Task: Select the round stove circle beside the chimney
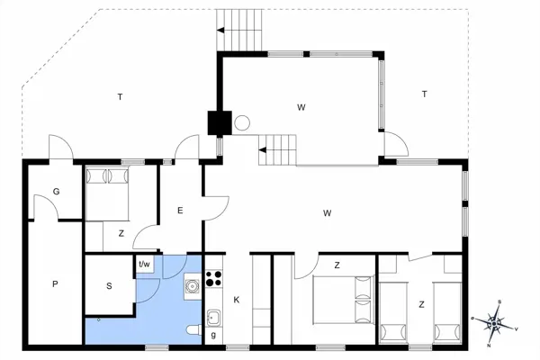(x=241, y=123)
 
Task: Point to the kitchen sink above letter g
(x=214, y=316)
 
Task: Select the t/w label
(x=144, y=265)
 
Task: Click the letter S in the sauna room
(x=109, y=286)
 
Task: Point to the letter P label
(x=54, y=284)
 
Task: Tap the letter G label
(x=56, y=192)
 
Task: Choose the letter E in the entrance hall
(x=180, y=211)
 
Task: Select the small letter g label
(x=213, y=335)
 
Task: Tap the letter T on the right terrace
(x=423, y=94)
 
